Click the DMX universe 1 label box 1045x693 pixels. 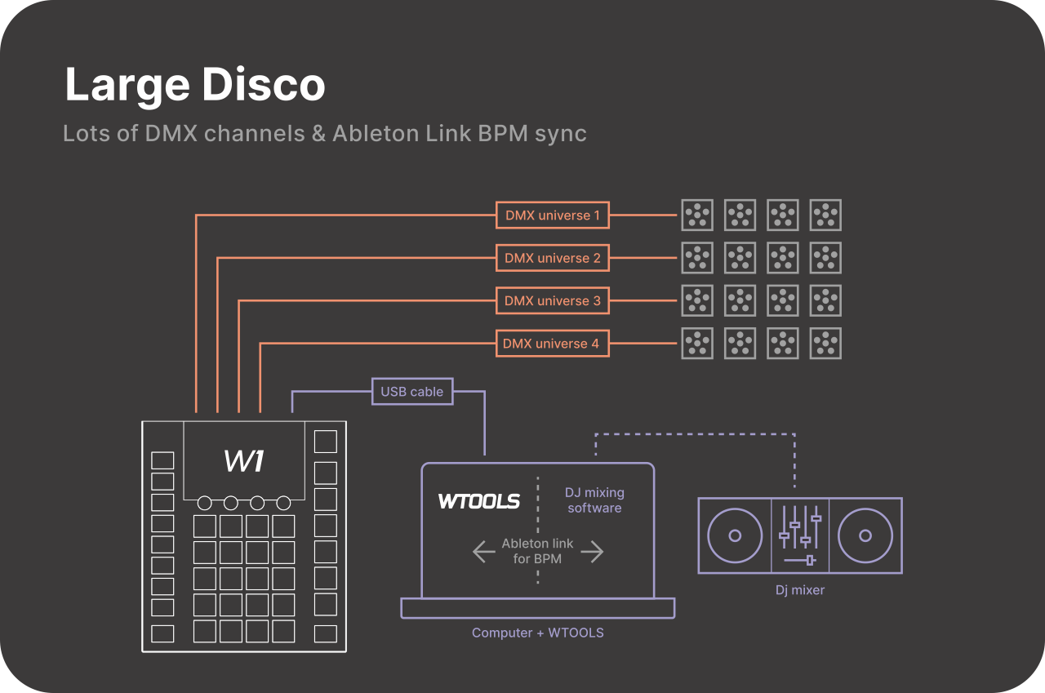(x=553, y=215)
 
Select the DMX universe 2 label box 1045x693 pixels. (x=553, y=258)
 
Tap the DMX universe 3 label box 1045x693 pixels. (x=553, y=300)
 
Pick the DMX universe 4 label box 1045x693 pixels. (x=551, y=344)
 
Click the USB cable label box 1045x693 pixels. (x=412, y=392)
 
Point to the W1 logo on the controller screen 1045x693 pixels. (x=243, y=461)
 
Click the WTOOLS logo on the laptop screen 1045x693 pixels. (x=479, y=501)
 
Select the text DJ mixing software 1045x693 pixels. (x=594, y=500)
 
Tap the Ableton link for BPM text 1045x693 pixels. (x=537, y=551)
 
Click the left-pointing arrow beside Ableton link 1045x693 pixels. (x=484, y=552)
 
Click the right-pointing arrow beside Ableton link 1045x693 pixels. (x=592, y=552)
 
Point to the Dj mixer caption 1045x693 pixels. (x=799, y=589)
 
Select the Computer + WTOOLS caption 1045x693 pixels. (x=538, y=633)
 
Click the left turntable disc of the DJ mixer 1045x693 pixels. (x=735, y=535)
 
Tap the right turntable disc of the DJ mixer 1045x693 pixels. (x=865, y=535)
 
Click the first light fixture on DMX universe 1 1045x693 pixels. (x=697, y=215)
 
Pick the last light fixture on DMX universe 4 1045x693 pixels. (x=825, y=344)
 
